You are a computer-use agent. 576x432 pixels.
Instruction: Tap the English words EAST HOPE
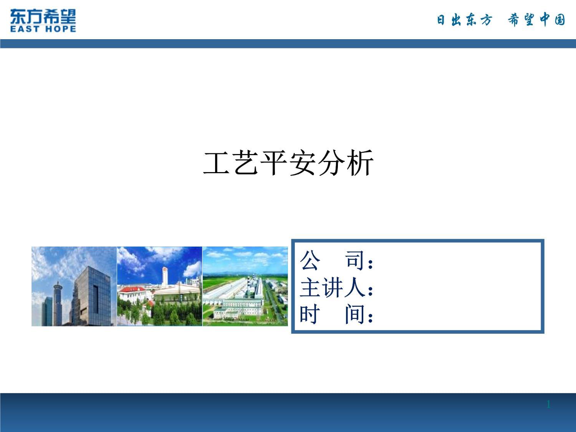(x=43, y=28)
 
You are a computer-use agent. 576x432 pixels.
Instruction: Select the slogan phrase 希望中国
(x=536, y=20)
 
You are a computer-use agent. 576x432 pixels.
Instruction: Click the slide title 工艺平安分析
(x=288, y=163)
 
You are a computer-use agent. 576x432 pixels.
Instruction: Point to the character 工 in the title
(x=216, y=163)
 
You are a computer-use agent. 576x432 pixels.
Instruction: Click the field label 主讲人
(x=333, y=288)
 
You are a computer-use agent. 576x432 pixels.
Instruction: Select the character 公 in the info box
(x=310, y=260)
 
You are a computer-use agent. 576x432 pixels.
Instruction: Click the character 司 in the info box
(x=355, y=260)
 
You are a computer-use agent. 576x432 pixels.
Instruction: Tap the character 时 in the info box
(x=310, y=314)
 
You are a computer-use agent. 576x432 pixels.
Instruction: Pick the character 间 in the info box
(x=355, y=314)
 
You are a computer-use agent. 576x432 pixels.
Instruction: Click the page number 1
(x=548, y=404)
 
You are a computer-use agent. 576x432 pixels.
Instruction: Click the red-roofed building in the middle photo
(x=133, y=294)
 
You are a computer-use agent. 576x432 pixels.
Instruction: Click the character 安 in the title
(x=303, y=163)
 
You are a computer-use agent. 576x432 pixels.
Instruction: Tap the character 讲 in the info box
(x=333, y=288)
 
